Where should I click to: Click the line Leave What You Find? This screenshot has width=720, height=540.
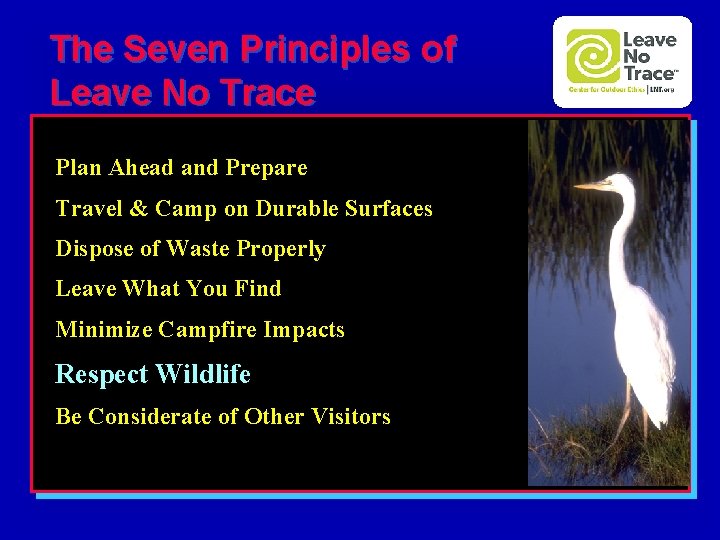[x=168, y=289]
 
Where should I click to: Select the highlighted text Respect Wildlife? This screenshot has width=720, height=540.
[x=153, y=374]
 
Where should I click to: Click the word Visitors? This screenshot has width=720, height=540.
[x=351, y=416]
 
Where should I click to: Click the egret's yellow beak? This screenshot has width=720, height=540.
[x=593, y=186]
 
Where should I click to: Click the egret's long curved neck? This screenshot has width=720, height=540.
[x=625, y=235]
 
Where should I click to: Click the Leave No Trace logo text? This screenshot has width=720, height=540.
[x=649, y=57]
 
